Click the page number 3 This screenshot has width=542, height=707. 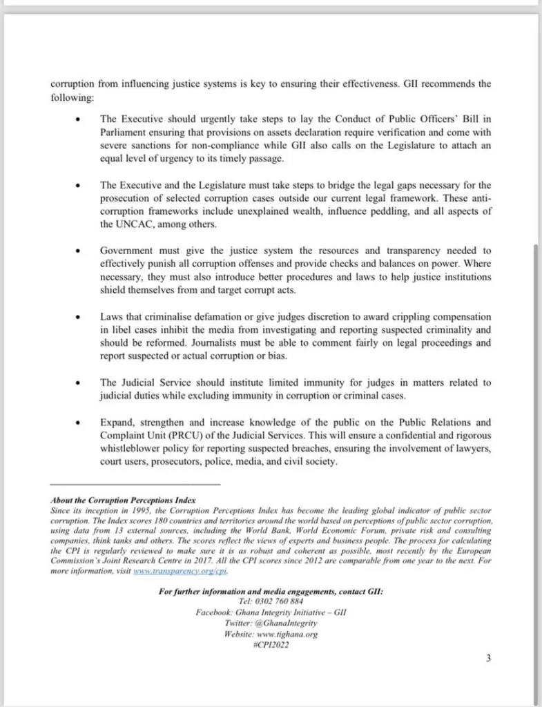coord(488,658)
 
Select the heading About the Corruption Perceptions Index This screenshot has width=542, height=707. coord(124,500)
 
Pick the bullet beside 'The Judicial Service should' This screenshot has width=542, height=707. coord(84,382)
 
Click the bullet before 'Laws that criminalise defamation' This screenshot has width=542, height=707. coord(84,316)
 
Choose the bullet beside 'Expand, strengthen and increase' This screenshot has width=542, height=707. coord(84,422)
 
